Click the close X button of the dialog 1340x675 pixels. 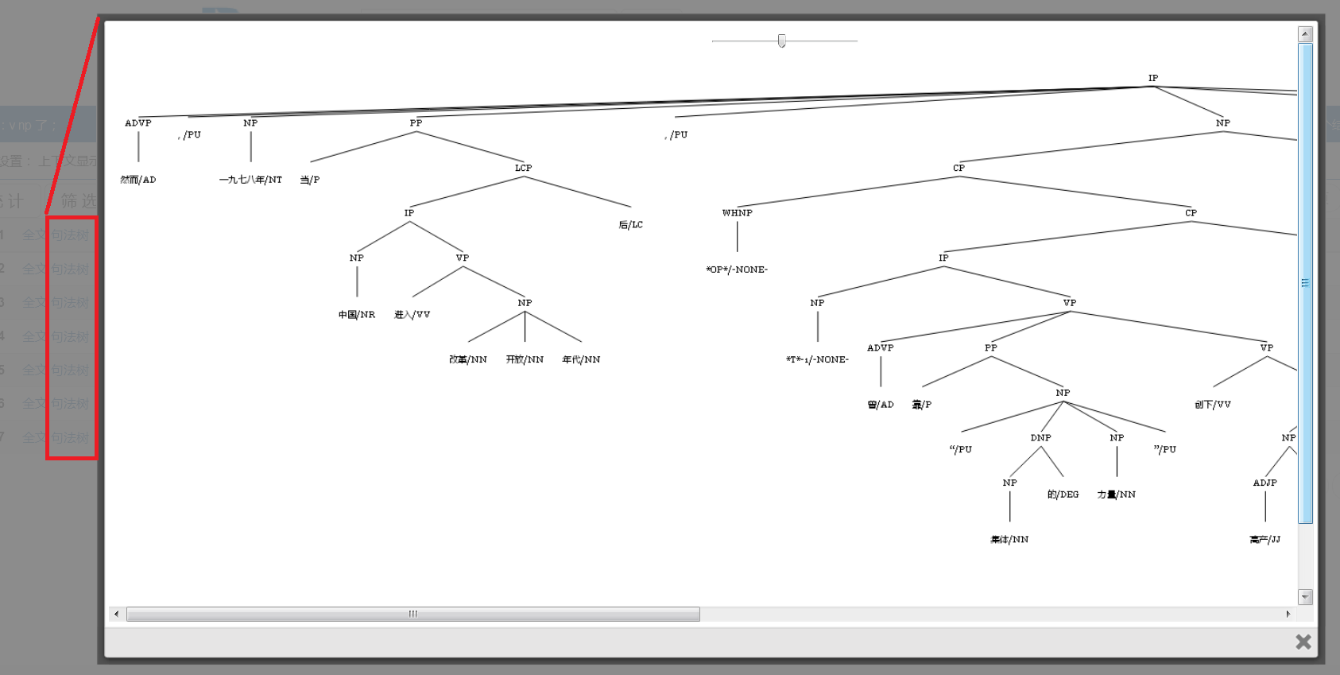click(1303, 642)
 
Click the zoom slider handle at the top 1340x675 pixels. click(782, 41)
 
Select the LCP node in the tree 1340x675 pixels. click(523, 168)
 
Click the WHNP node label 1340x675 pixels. click(737, 213)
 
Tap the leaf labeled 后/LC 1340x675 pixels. click(631, 225)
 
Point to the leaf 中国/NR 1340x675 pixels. click(356, 315)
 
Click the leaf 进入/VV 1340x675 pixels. click(412, 315)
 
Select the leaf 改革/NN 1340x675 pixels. click(467, 359)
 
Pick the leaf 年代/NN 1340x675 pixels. click(581, 359)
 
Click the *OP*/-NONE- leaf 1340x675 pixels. click(737, 270)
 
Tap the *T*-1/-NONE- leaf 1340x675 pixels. click(817, 359)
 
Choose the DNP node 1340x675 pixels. click(1040, 438)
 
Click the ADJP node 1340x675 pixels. click(1264, 483)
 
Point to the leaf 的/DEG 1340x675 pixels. click(1063, 495)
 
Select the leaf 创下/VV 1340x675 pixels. click(1212, 405)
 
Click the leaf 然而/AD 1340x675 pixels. click(138, 180)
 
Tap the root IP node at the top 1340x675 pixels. click(1152, 78)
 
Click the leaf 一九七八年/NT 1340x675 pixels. click(250, 180)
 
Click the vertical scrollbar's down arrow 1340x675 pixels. click(1304, 596)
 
